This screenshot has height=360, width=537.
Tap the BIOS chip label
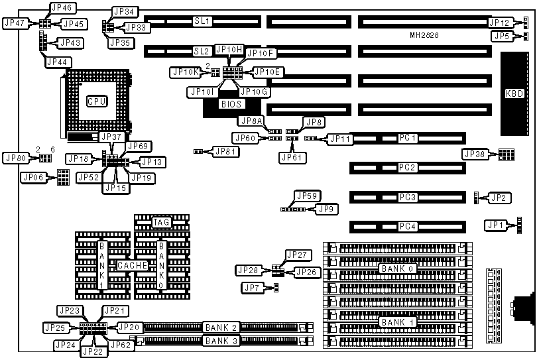coord(231,104)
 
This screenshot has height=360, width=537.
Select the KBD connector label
coord(513,93)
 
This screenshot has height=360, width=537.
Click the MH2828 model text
coord(424,34)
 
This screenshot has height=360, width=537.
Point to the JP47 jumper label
coord(15,23)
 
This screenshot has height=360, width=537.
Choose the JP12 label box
coord(499,23)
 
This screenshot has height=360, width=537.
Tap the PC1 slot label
coord(407,139)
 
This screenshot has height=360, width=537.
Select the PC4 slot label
coord(407,227)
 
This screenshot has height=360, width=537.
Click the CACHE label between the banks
coord(128,265)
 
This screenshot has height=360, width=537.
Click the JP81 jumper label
coord(226,151)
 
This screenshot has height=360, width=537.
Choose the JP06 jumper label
coord(33,177)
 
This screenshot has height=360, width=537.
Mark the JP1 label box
coord(495,225)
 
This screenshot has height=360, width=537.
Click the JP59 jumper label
coord(308,196)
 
